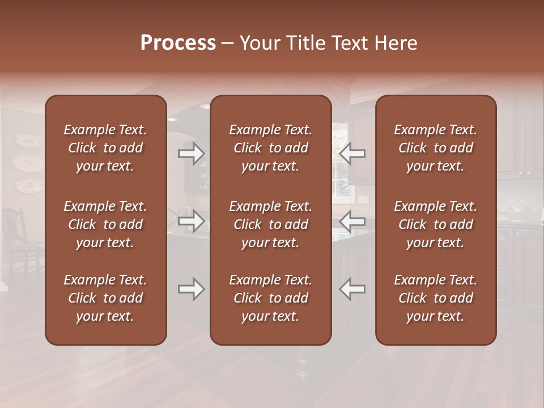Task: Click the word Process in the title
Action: (178, 43)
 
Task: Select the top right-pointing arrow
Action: (192, 154)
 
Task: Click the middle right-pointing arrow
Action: (192, 220)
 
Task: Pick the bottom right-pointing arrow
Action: (192, 289)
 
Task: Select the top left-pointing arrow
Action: (352, 154)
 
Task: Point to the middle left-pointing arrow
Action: (352, 220)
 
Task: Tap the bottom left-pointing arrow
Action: (352, 289)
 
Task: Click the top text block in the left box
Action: (105, 148)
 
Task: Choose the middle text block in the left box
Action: (105, 224)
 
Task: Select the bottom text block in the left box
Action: (105, 298)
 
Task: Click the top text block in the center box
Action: (270, 148)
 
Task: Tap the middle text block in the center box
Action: (270, 224)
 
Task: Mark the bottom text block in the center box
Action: (270, 298)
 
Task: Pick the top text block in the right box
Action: (435, 148)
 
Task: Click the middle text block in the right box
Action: (435, 224)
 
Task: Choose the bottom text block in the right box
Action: (435, 298)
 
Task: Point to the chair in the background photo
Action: (17, 238)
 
